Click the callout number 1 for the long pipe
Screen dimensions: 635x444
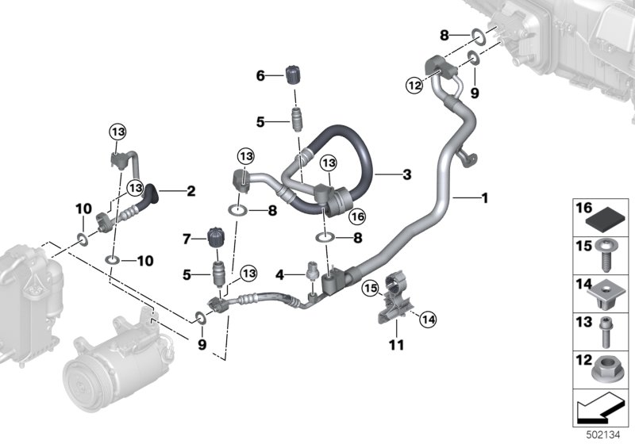484,198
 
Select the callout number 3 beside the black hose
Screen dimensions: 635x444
406,174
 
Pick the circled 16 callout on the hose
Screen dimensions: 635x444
358,216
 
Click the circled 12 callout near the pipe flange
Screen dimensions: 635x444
414,86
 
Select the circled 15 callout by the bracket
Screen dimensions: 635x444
369,288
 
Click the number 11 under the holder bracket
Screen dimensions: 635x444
396,345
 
